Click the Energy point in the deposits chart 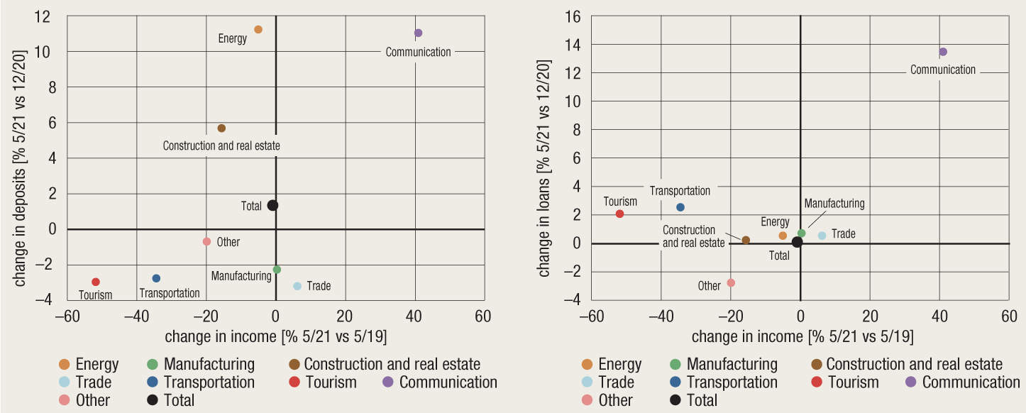(258, 29)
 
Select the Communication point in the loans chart (943, 52)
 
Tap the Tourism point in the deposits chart (96, 282)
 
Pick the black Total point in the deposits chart (272, 205)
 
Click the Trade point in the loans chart (822, 236)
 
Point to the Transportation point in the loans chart (680, 207)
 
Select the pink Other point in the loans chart (731, 282)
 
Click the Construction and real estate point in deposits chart (221, 128)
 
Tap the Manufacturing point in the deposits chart (277, 270)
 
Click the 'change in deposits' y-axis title (20, 167)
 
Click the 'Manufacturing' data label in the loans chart (834, 204)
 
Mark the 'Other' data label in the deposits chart (228, 242)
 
